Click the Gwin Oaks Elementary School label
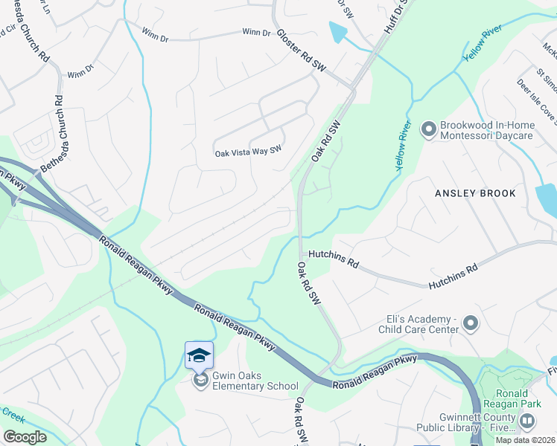[x=255, y=381]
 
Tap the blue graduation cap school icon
[x=200, y=355]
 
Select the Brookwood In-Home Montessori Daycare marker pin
[x=428, y=131]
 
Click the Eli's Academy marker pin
[x=470, y=323]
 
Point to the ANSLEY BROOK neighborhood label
[x=475, y=193]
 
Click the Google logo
[x=25, y=437]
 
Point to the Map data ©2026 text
[x=526, y=440]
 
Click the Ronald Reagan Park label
[x=514, y=400]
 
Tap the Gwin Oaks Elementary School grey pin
[x=200, y=381]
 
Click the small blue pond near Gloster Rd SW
[x=338, y=32]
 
